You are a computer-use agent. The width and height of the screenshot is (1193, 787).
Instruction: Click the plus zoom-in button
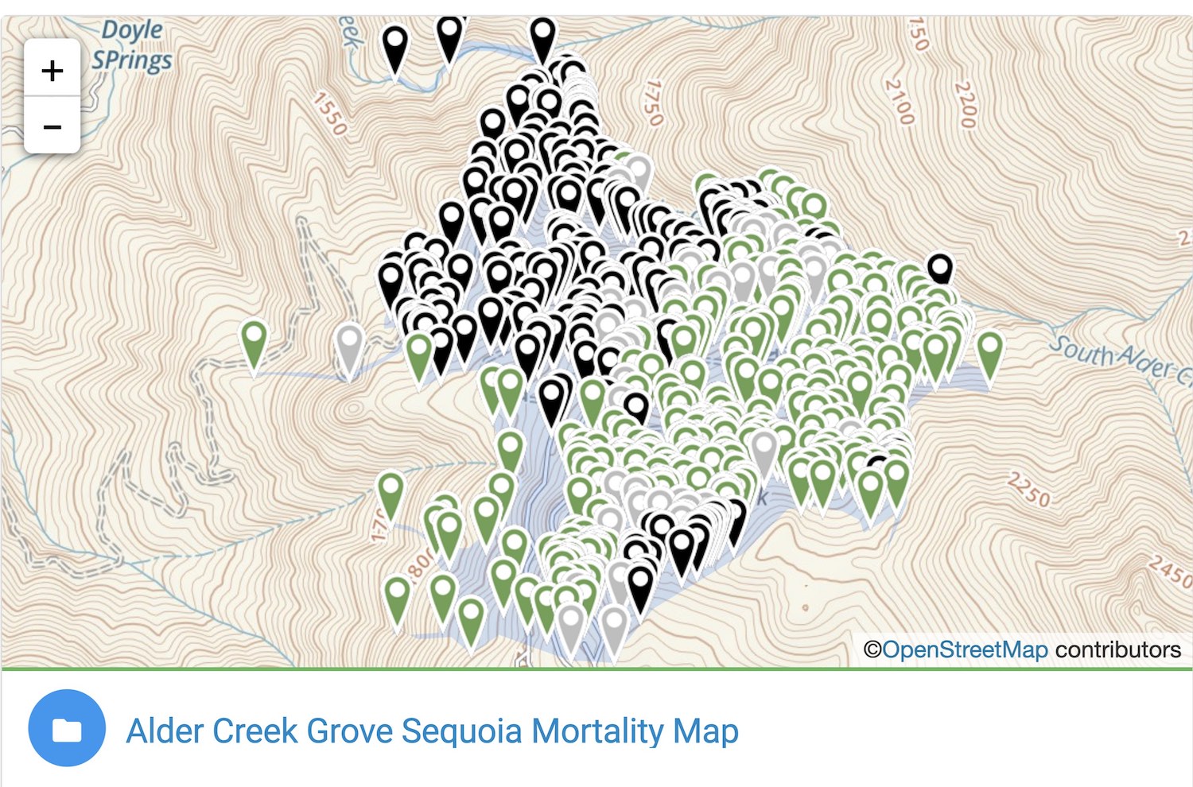(x=52, y=70)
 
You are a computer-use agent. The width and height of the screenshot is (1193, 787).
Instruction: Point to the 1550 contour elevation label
(x=329, y=114)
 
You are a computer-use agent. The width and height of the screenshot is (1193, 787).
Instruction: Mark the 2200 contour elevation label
(x=964, y=104)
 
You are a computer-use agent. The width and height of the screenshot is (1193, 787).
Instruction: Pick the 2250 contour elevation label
(x=1028, y=490)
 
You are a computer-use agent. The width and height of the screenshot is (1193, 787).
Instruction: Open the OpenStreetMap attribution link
(x=964, y=650)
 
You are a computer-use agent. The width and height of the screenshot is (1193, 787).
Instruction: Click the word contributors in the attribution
(x=1117, y=650)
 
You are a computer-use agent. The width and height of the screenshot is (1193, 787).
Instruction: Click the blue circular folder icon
(x=67, y=728)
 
